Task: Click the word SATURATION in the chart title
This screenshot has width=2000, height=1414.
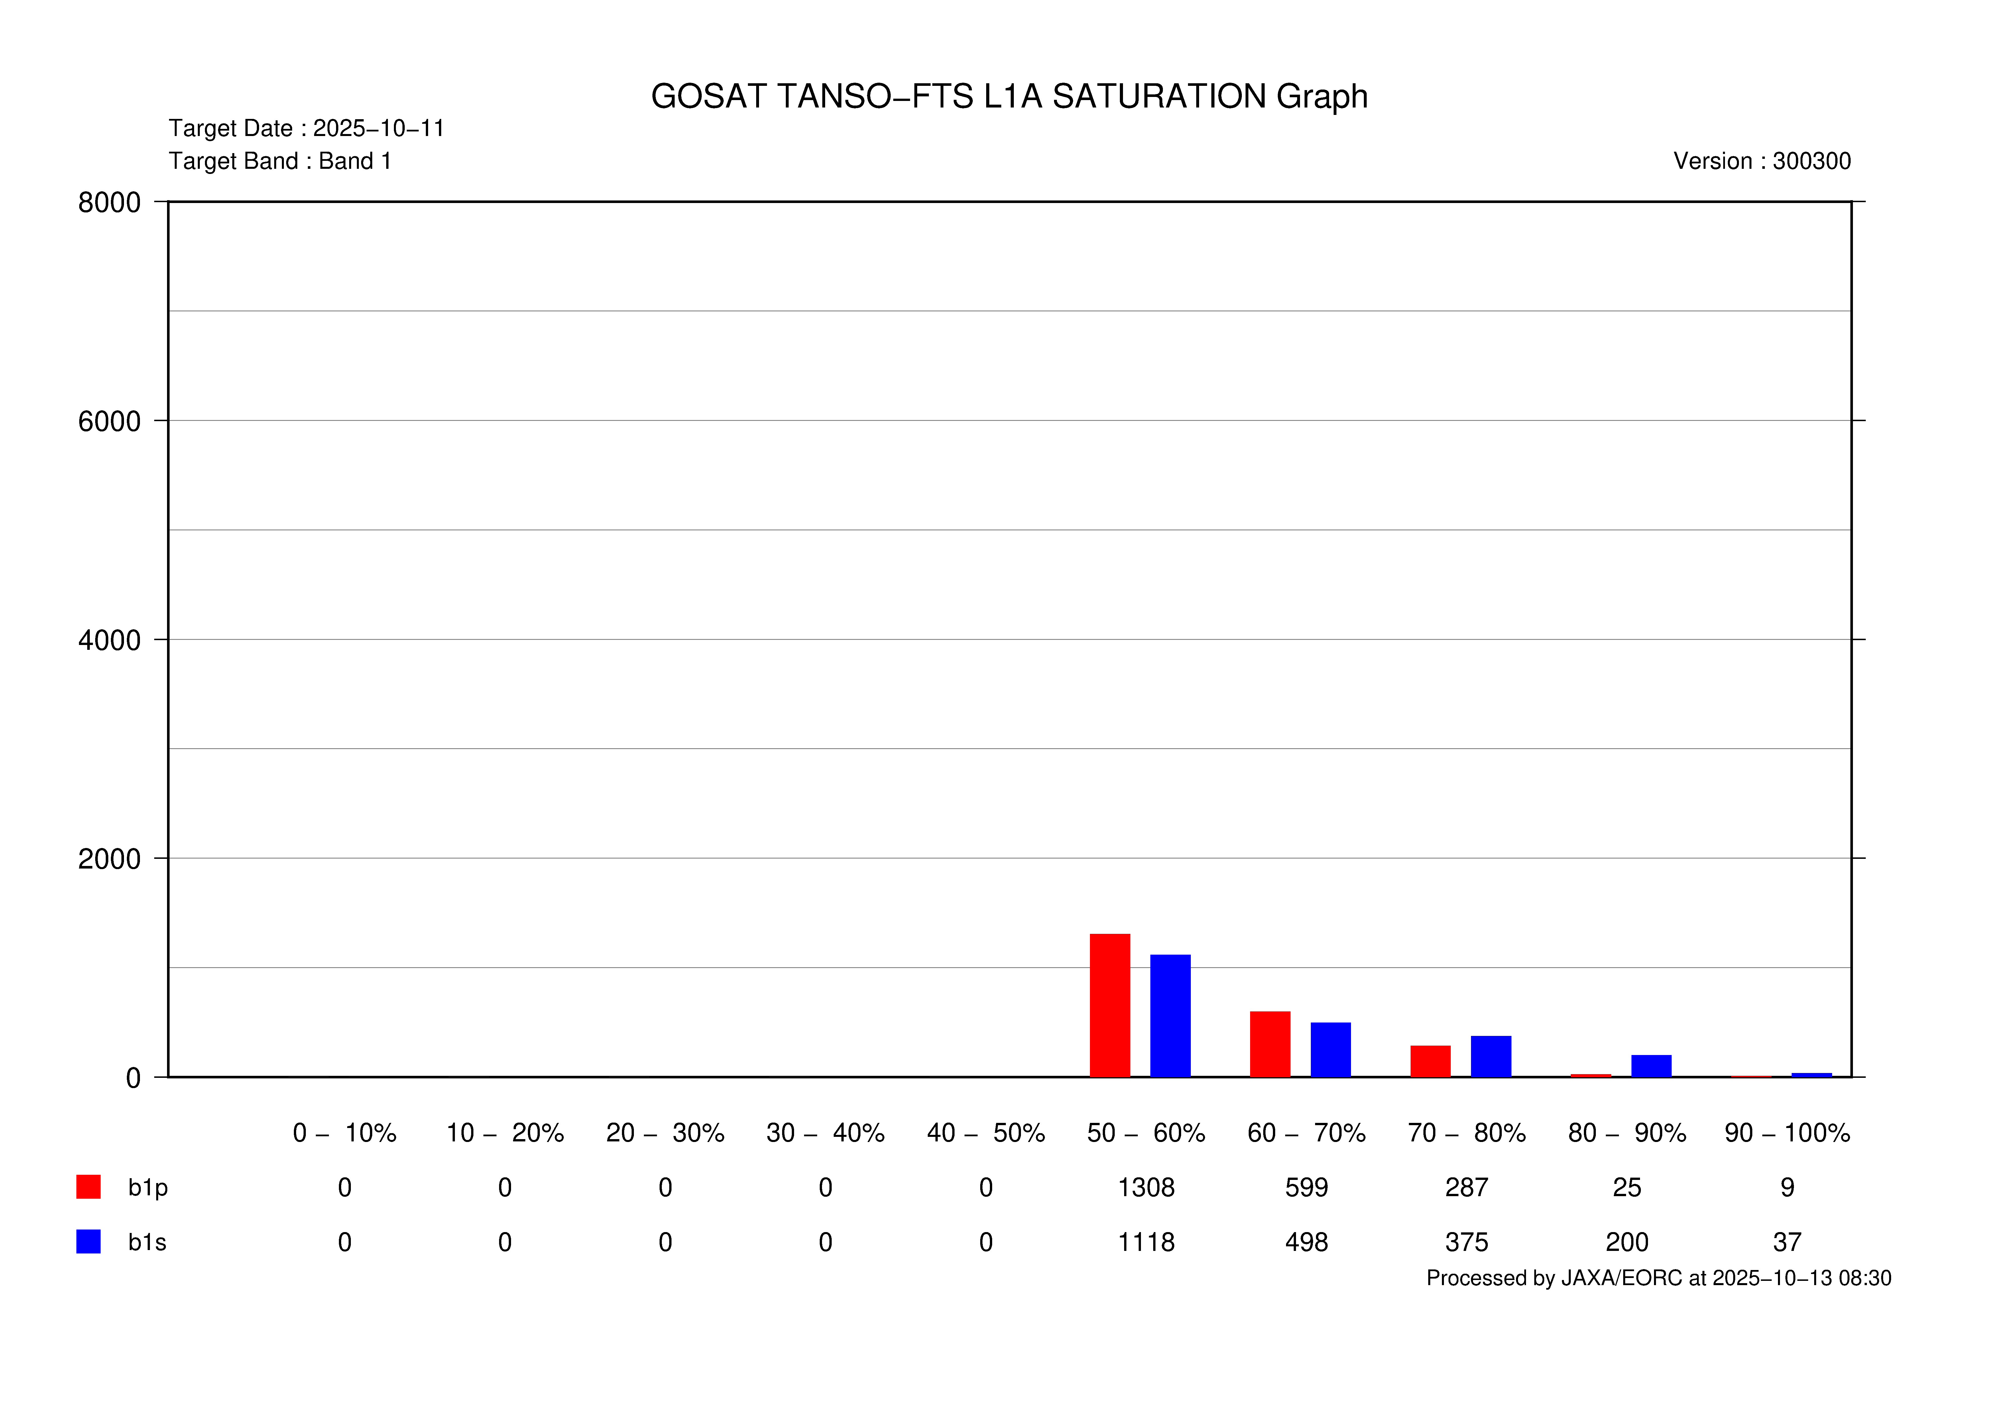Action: point(1159,97)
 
